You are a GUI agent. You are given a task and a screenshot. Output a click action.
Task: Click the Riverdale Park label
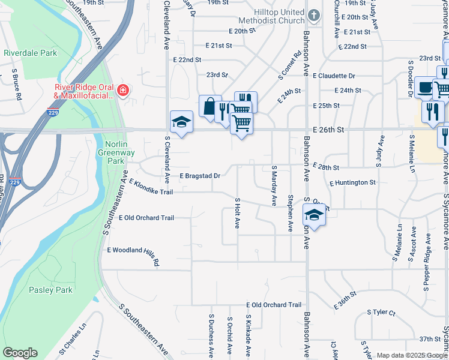[31, 53]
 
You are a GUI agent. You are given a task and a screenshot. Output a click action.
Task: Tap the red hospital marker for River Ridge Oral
[123, 91]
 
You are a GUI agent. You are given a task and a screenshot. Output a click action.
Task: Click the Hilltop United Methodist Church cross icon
[313, 15]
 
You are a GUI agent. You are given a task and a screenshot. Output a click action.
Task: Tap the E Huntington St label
[352, 182]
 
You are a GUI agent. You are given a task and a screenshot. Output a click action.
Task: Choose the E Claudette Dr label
[334, 76]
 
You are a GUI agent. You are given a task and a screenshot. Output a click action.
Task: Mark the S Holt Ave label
[238, 213]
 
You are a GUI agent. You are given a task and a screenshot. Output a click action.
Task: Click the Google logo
[20, 353]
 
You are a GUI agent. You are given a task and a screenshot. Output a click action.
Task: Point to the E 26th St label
[328, 129]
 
